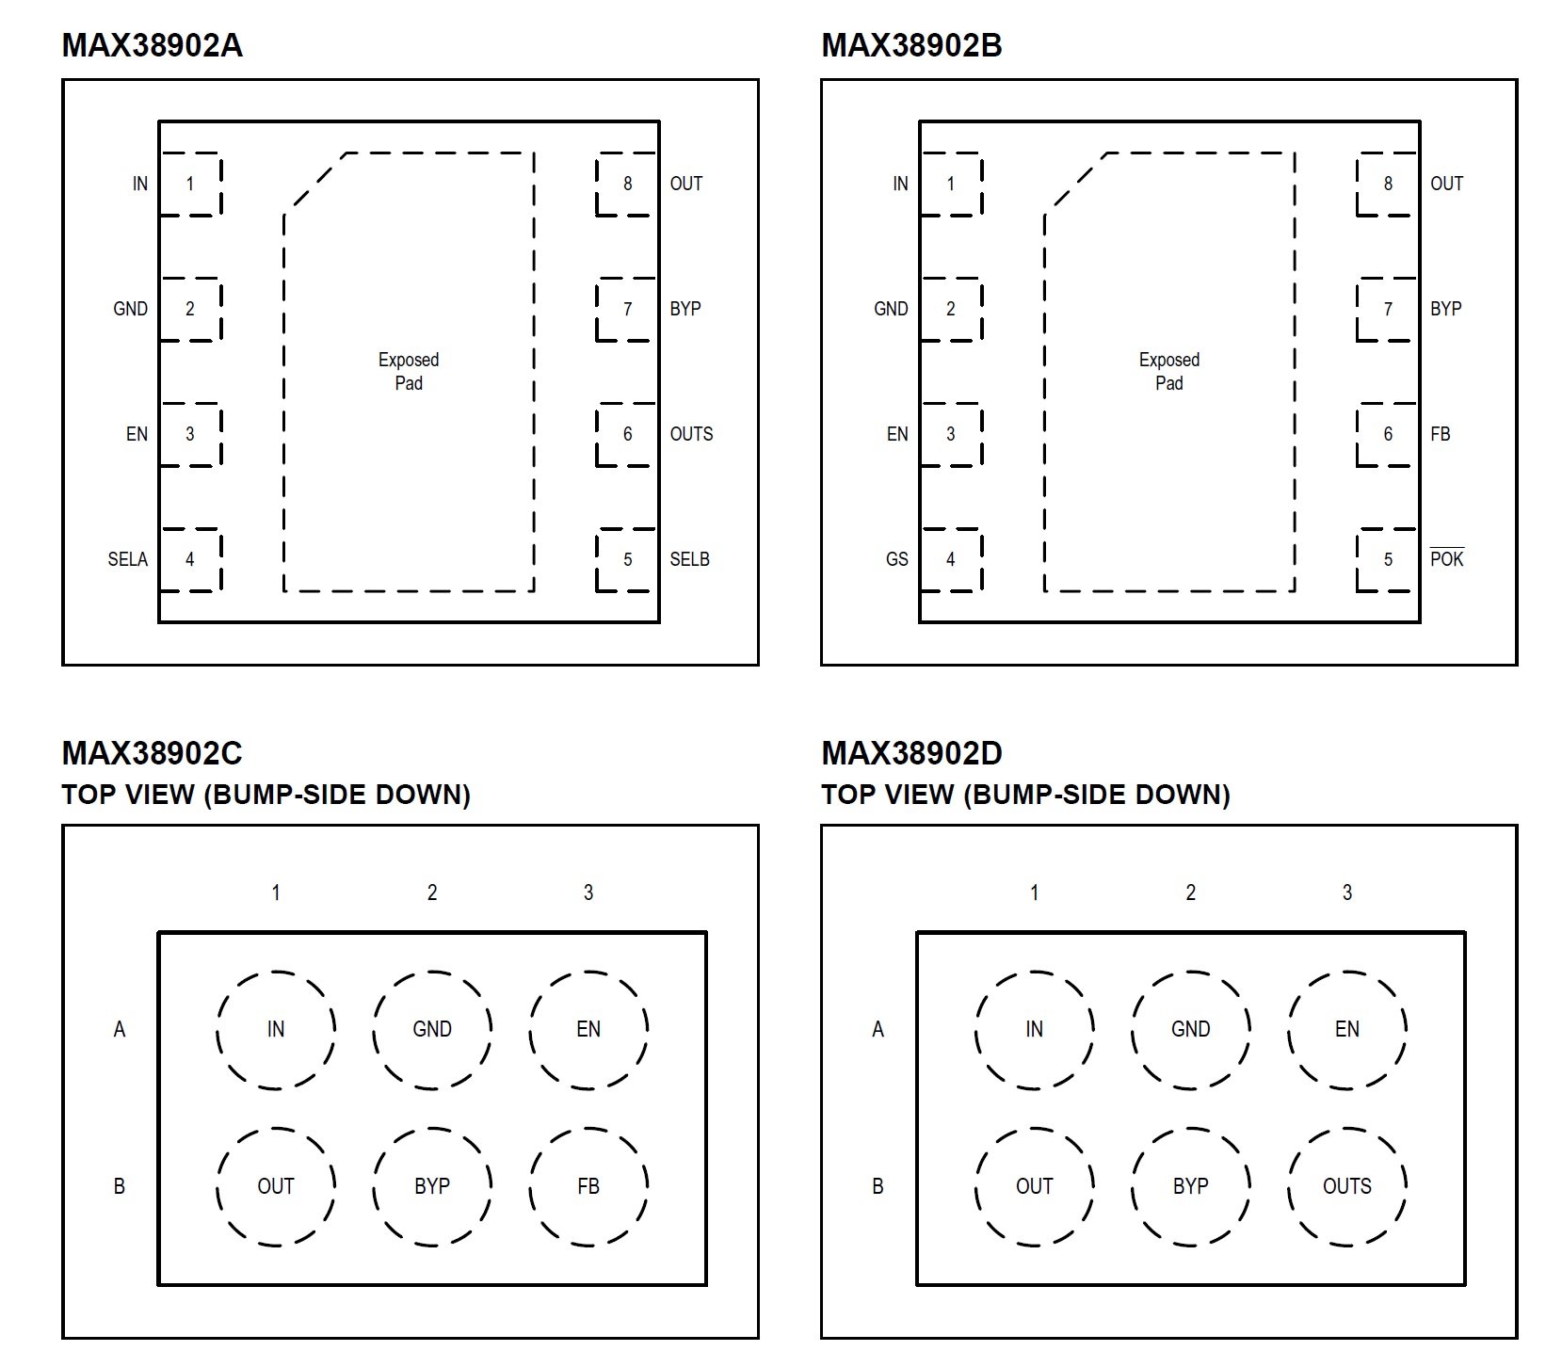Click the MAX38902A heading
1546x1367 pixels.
tap(152, 45)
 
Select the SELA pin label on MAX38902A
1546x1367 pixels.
tap(127, 559)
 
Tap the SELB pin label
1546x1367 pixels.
tap(689, 559)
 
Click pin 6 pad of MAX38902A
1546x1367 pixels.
tap(626, 434)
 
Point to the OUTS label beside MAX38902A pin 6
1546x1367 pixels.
tap(691, 434)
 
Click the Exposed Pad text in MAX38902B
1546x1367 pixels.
tap(1168, 371)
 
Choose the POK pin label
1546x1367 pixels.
tap(1446, 558)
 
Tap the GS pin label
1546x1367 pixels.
tap(896, 559)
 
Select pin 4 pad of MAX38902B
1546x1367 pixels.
tap(950, 559)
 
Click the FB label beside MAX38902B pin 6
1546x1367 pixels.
tap(1440, 434)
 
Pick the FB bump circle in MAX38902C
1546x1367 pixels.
tap(588, 1186)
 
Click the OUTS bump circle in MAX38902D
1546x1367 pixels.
tap(1346, 1186)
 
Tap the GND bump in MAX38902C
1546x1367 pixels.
tap(432, 1029)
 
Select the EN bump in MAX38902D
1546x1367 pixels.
tap(1346, 1029)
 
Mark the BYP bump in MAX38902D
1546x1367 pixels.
tap(1190, 1186)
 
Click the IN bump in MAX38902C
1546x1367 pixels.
tap(276, 1029)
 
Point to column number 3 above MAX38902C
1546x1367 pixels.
tap(588, 892)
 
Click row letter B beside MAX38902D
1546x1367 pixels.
tap(878, 1186)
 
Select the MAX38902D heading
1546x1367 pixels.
tap(911, 753)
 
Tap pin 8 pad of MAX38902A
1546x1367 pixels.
tap(626, 184)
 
